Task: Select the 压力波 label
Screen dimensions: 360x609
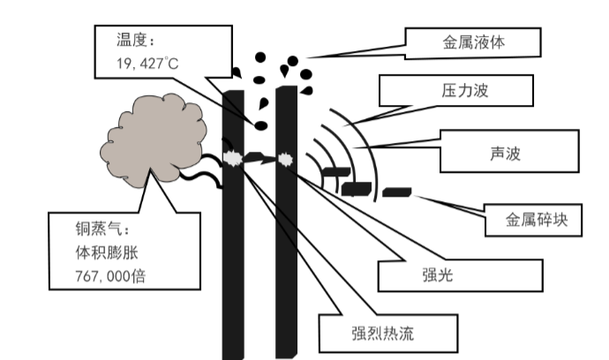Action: point(455,89)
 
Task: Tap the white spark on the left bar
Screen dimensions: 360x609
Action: point(233,159)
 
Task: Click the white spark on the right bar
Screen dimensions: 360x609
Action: point(285,159)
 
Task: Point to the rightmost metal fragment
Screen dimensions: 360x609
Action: point(397,191)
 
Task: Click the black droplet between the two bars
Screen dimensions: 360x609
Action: point(263,124)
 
